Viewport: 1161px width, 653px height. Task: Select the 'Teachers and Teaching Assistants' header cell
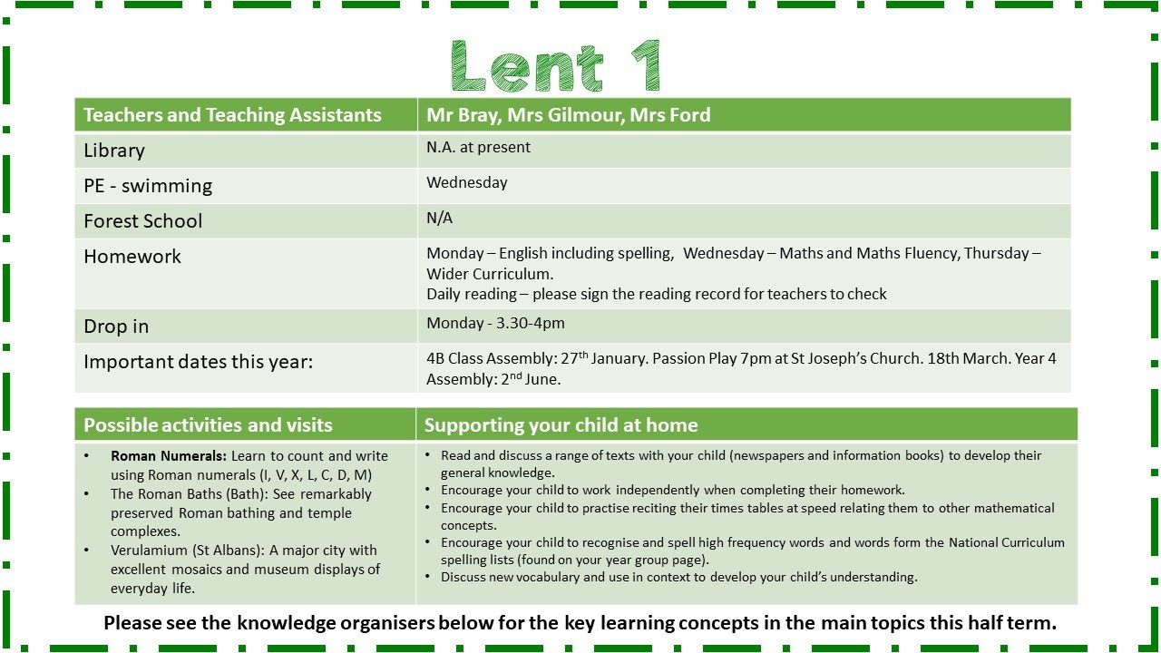[232, 115]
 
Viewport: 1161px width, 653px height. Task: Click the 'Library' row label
[114, 151]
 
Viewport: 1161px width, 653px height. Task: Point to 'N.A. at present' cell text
[478, 147]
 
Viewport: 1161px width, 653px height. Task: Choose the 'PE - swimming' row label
[148, 186]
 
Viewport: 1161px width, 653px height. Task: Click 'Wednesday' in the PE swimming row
[467, 182]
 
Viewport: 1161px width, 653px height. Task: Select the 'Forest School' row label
[143, 221]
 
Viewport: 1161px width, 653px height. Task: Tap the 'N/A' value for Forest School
[439, 218]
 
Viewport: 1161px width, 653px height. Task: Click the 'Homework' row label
[132, 257]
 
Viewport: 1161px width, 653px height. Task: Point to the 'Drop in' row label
[116, 326]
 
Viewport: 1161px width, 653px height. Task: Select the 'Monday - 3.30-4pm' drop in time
[495, 323]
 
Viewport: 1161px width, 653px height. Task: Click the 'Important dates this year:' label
[198, 362]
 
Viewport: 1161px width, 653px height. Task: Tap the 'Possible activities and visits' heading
[208, 425]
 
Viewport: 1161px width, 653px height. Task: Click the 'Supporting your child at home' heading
[561, 425]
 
